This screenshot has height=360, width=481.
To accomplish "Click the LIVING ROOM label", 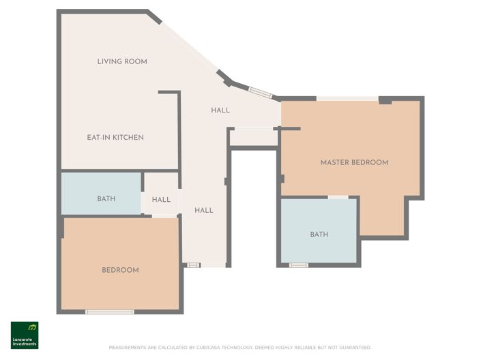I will (122, 61).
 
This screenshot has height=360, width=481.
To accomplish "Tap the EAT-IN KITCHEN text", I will (115, 137).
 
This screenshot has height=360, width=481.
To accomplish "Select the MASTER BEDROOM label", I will (354, 162).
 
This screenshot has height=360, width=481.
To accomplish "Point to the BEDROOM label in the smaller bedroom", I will (120, 270).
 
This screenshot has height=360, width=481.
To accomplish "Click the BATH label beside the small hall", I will (106, 199).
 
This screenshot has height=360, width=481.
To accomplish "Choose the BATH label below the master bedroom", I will (319, 234).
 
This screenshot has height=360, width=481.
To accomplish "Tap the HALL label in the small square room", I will (161, 200).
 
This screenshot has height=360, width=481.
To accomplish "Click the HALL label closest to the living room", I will (220, 110).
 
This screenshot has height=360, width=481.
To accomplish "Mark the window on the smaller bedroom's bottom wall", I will (109, 312).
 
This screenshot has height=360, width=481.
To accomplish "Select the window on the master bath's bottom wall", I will (298, 265).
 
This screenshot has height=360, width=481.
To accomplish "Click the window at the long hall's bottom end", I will (193, 265).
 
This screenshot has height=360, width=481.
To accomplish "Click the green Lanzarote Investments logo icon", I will (25, 328).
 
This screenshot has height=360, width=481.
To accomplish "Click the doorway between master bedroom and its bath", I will (338, 197).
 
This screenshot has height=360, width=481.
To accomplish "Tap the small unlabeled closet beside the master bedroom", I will (253, 138).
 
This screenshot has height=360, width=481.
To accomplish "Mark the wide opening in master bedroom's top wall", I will (347, 99).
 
